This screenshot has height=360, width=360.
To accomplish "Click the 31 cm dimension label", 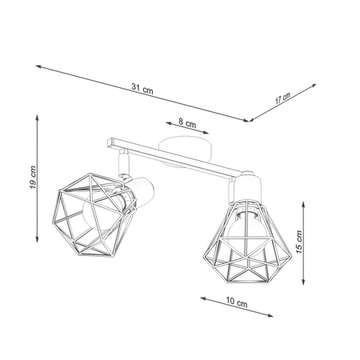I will (142, 89).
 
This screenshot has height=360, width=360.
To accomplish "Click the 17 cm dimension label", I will (282, 100).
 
